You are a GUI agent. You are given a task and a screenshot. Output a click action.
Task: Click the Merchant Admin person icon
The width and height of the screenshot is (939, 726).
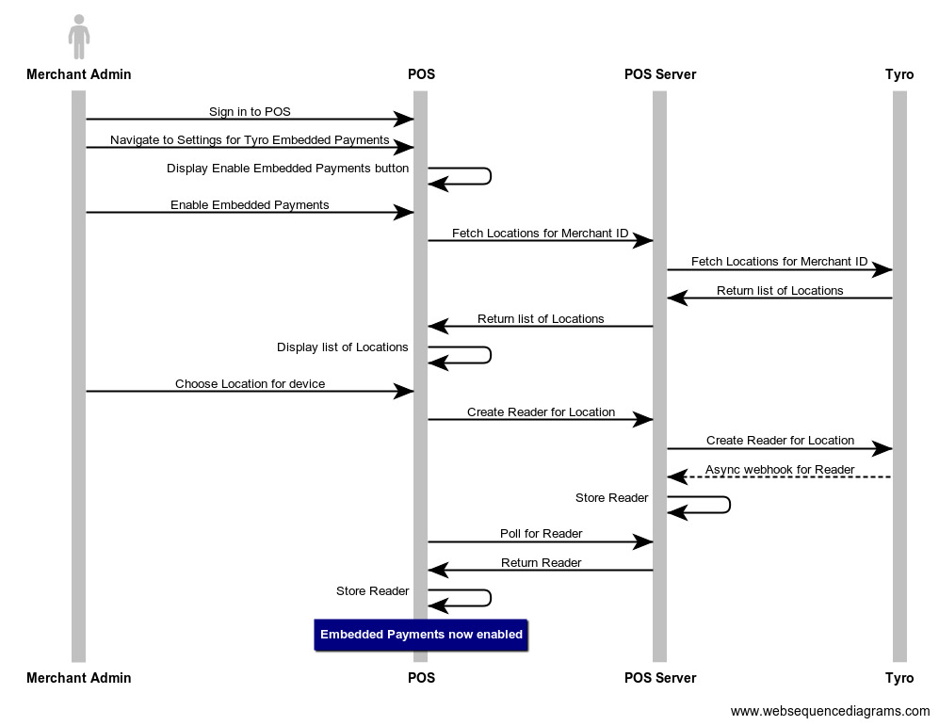pyautogui.click(x=79, y=37)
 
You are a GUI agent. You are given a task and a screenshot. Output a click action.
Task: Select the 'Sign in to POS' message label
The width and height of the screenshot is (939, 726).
pyautogui.click(x=250, y=111)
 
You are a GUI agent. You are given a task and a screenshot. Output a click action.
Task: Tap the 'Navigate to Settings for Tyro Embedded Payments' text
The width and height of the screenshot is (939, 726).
pyautogui.click(x=250, y=139)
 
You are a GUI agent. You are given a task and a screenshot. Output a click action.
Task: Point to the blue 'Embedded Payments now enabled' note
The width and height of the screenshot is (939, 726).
pyautogui.click(x=421, y=635)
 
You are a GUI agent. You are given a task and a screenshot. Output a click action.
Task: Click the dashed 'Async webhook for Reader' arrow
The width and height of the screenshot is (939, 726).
pyautogui.click(x=779, y=477)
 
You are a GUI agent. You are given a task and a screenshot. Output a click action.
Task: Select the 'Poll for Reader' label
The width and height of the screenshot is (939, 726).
pyautogui.click(x=541, y=534)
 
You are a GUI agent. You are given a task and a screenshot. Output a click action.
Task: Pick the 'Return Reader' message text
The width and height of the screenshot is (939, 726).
pyautogui.click(x=541, y=562)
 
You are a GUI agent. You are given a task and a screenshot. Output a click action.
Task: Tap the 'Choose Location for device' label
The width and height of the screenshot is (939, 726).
pyautogui.click(x=250, y=383)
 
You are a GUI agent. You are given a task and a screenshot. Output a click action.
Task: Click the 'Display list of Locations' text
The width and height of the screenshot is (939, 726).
pyautogui.click(x=342, y=347)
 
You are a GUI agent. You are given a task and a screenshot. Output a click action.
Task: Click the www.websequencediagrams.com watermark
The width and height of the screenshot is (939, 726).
pyautogui.click(x=830, y=711)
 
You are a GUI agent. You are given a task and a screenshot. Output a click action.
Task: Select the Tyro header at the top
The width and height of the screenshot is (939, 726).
pyautogui.click(x=899, y=73)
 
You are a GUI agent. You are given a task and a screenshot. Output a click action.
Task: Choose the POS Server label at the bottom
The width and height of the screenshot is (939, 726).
pyautogui.click(x=659, y=678)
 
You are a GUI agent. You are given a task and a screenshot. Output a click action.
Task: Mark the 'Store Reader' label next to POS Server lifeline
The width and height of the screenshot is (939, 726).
pyautogui.click(x=611, y=497)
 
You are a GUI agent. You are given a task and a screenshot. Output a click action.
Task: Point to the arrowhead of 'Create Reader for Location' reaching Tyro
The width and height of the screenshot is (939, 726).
pyautogui.click(x=882, y=449)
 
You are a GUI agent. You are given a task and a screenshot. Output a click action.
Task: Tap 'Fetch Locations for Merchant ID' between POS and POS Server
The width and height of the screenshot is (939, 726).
pyautogui.click(x=540, y=233)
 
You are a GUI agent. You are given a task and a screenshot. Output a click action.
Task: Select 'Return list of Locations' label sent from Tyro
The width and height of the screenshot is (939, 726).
pyautogui.click(x=780, y=290)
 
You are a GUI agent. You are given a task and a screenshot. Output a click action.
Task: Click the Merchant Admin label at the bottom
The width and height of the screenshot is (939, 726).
pyautogui.click(x=79, y=678)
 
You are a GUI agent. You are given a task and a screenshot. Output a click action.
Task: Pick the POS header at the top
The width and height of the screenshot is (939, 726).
pyautogui.click(x=421, y=73)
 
